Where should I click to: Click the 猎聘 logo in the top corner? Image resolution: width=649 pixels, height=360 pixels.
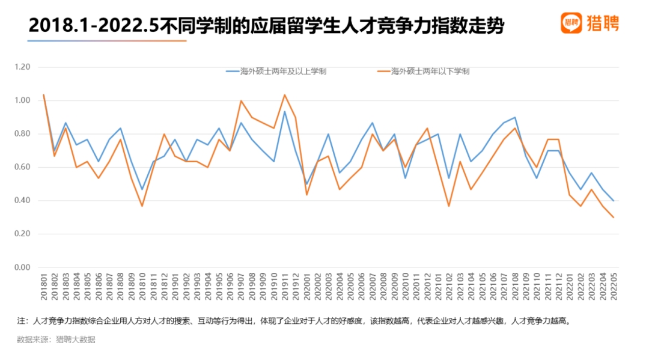click(x=590, y=23)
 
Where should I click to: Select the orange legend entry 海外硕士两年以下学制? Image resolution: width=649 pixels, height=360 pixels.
click(x=423, y=72)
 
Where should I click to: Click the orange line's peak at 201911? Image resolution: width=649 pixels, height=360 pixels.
click(x=285, y=95)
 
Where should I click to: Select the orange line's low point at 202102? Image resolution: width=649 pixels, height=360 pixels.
click(x=449, y=206)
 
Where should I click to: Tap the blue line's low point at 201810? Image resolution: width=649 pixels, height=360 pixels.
click(x=142, y=190)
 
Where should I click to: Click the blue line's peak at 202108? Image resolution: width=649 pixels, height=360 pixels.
click(x=515, y=117)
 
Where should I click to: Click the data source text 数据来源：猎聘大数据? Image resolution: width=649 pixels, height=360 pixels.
click(x=56, y=340)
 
